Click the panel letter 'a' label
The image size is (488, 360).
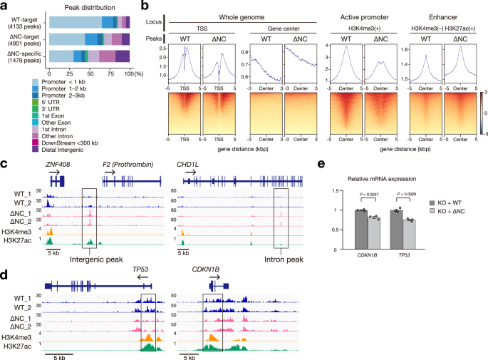click(x=4, y=6)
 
